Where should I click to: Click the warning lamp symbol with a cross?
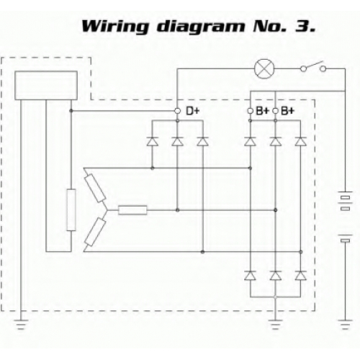[264, 69]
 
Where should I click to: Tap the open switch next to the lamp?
[313, 67]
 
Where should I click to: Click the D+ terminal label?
[193, 111]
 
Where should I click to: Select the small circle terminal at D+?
[177, 111]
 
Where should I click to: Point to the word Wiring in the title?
[114, 27]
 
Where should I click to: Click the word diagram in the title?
[201, 27]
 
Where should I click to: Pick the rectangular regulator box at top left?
[46, 86]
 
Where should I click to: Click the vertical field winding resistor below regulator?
[71, 210]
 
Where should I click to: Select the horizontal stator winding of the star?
[132, 210]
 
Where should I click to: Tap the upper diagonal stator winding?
[96, 188]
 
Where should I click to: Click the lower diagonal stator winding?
[96, 232]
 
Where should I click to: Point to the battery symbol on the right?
[346, 216]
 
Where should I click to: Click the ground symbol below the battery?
[346, 324]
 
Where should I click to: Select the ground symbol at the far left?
[21, 324]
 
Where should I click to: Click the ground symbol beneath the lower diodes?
[275, 324]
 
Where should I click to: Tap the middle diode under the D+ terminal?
[177, 141]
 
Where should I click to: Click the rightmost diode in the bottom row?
[300, 276]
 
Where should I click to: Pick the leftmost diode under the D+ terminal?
[153, 141]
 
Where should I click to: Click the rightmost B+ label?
[287, 111]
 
